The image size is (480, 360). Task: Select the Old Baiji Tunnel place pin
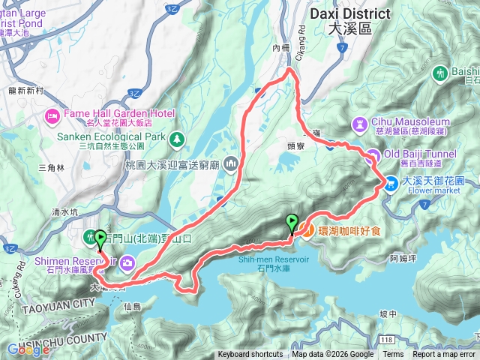tap(371, 155)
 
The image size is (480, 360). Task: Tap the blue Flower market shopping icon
tap(391, 182)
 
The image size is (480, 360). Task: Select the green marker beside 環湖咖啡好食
tap(292, 223)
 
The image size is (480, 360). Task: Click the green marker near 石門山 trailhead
tap(100, 238)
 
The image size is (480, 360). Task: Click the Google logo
tap(28, 349)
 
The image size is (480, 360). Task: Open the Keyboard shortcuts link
tap(250, 355)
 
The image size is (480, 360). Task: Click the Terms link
tap(393, 355)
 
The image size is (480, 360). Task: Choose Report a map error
tap(444, 355)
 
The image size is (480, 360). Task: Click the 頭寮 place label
tap(295, 148)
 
